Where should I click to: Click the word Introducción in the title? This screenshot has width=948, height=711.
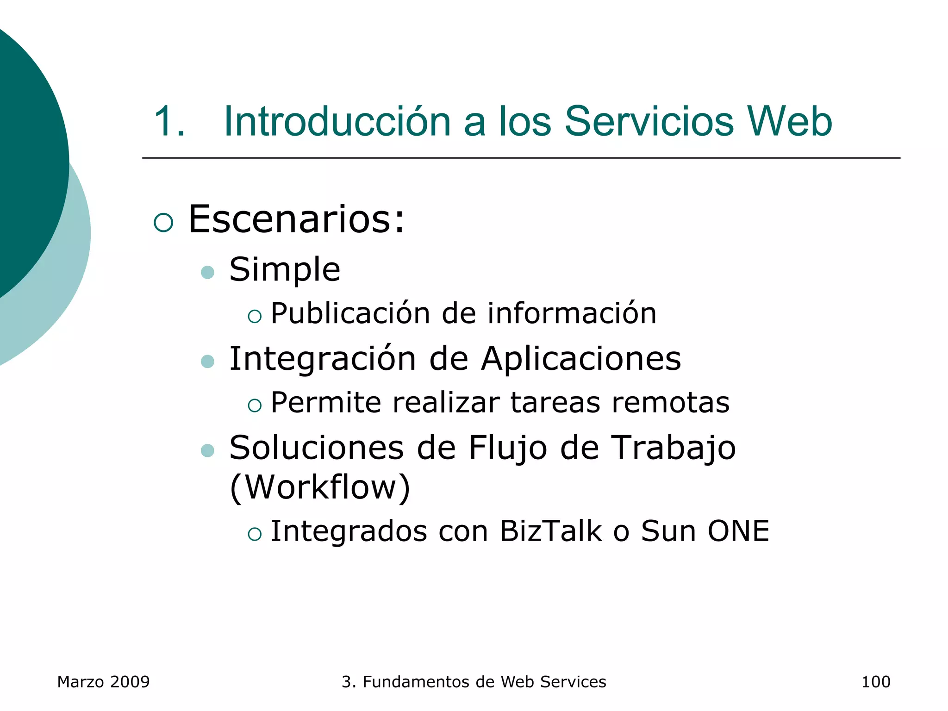[x=337, y=121]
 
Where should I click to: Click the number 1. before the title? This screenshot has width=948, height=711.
[x=169, y=121]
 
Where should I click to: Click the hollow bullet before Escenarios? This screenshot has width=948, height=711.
[x=163, y=223]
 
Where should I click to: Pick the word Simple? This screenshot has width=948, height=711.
[x=285, y=269]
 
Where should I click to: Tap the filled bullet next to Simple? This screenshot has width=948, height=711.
[x=208, y=272]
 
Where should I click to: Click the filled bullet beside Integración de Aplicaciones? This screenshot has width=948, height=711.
[x=208, y=362]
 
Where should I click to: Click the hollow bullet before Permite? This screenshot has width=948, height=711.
[x=255, y=406]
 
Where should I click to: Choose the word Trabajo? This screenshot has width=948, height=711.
[x=674, y=448]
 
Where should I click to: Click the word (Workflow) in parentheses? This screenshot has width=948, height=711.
[x=320, y=487]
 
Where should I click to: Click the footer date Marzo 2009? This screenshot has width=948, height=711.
[x=103, y=682]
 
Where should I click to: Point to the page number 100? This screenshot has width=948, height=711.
[x=875, y=682]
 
